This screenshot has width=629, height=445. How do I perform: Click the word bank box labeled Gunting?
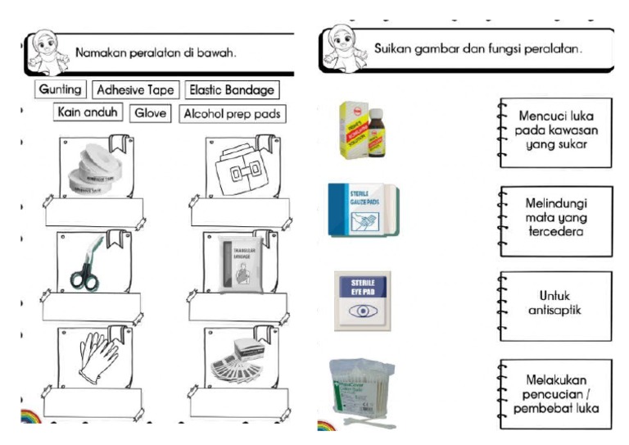pos(60,89)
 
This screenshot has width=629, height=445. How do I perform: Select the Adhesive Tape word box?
pos(134,89)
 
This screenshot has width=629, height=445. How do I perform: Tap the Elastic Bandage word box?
pos(232,89)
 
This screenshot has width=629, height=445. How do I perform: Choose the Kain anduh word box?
pos(88,111)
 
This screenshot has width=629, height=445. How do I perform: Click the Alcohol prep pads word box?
pos(232,113)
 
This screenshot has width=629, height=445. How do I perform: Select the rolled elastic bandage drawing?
pos(237,173)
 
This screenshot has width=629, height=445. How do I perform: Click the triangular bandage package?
pos(238,265)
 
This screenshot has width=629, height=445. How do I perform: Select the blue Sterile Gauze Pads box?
pos(363,211)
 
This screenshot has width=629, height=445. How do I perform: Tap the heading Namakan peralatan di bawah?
pos(156,53)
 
